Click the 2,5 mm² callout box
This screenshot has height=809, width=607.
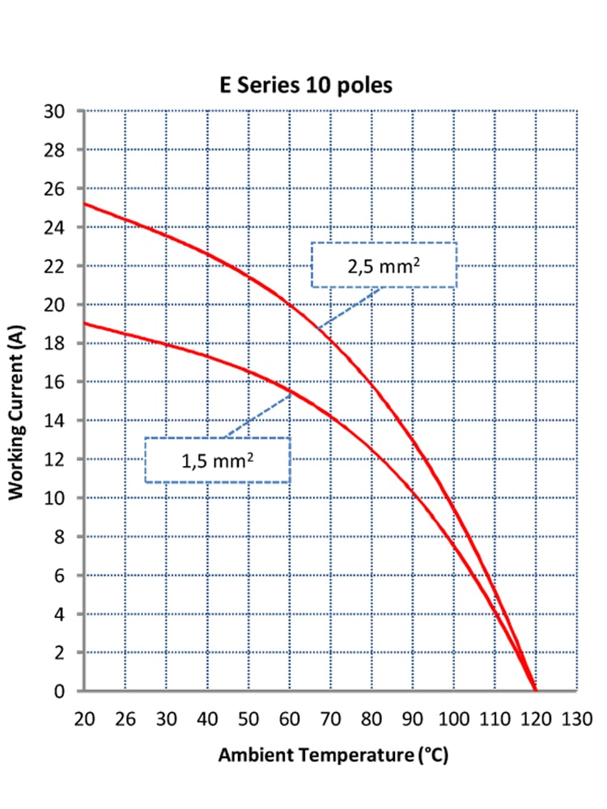(x=384, y=265)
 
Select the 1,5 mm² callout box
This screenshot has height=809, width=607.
(x=217, y=460)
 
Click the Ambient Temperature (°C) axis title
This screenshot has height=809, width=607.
(x=333, y=756)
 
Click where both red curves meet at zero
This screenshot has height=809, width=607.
(x=535, y=690)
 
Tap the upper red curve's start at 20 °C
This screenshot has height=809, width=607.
(x=84, y=203)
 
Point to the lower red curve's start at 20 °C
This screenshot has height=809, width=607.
(x=84, y=323)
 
